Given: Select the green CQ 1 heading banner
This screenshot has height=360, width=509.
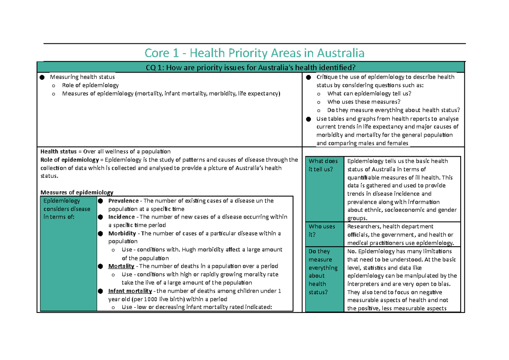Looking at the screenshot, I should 251,67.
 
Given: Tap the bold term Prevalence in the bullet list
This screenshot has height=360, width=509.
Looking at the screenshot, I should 123,201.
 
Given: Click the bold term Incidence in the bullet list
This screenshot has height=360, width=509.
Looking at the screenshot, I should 121,217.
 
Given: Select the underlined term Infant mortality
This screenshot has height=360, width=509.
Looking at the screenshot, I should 130,291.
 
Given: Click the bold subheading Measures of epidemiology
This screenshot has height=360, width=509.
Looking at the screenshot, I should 77,192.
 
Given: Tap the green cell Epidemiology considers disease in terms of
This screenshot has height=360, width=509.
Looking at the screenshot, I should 67,209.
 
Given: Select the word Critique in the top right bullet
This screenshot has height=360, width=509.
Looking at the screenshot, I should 327,77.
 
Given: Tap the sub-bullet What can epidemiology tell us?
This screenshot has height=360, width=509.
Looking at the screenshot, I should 369,94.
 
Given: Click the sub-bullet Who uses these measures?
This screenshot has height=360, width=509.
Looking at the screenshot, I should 364,102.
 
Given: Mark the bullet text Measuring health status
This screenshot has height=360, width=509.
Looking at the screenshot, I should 82,77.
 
